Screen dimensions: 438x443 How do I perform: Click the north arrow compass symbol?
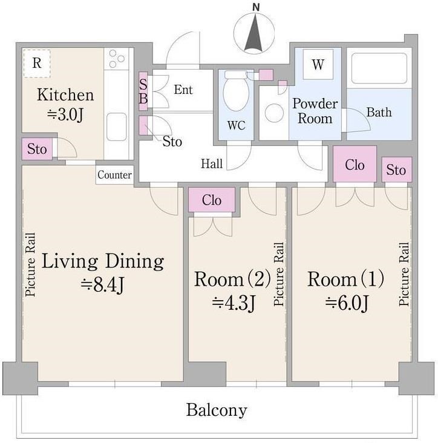[254, 33]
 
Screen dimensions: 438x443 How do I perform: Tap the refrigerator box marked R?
[37, 64]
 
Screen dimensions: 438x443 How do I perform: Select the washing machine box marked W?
[318, 64]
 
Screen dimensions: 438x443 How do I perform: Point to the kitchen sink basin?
[116, 127]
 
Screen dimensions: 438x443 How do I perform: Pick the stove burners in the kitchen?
[117, 59]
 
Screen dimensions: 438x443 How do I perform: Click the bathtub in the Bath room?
[379, 68]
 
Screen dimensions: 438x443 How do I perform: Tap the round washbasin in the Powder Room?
[274, 113]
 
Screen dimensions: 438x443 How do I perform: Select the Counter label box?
[114, 175]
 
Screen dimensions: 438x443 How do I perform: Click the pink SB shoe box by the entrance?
[143, 91]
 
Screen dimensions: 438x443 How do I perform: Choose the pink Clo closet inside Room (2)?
[212, 200]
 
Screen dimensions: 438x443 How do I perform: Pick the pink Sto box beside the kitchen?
[37, 149]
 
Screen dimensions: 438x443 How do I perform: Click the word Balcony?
[217, 410]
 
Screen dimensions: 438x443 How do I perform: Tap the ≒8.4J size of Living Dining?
[102, 284]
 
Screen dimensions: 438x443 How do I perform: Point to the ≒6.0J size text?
[347, 303]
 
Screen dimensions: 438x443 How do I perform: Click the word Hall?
[212, 164]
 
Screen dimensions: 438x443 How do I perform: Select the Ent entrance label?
[183, 90]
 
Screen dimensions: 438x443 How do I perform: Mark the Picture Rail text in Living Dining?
[30, 264]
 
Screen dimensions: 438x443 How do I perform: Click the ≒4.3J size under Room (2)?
[234, 303]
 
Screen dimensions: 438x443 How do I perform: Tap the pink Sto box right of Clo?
[396, 169]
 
